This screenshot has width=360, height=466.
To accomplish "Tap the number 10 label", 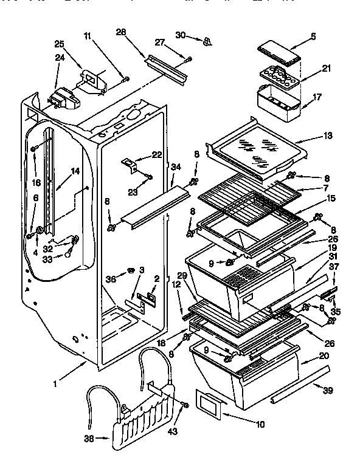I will pyautogui.click(x=260, y=423).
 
